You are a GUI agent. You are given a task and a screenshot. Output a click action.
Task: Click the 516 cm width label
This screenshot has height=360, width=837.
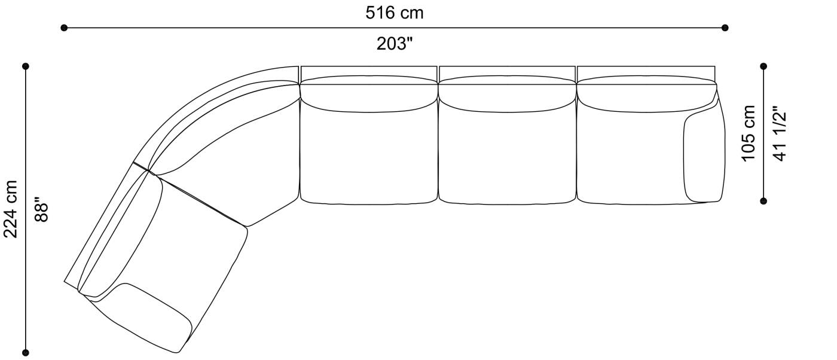(394, 13)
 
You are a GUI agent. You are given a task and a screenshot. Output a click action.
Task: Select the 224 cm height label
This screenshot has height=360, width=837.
(11, 209)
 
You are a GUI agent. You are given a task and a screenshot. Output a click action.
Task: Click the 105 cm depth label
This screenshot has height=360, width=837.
(749, 133)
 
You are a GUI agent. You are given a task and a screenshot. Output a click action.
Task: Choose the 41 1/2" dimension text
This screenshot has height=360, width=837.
(780, 133)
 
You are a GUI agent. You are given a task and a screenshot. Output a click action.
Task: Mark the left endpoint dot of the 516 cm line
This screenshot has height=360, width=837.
(64, 28)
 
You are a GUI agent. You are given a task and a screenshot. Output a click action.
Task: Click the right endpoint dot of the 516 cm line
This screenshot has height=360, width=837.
(725, 28)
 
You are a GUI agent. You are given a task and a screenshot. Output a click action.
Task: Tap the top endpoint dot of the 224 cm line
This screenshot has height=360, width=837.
(26, 66)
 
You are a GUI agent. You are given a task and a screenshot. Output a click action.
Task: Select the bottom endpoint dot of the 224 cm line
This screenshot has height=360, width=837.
(26, 352)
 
